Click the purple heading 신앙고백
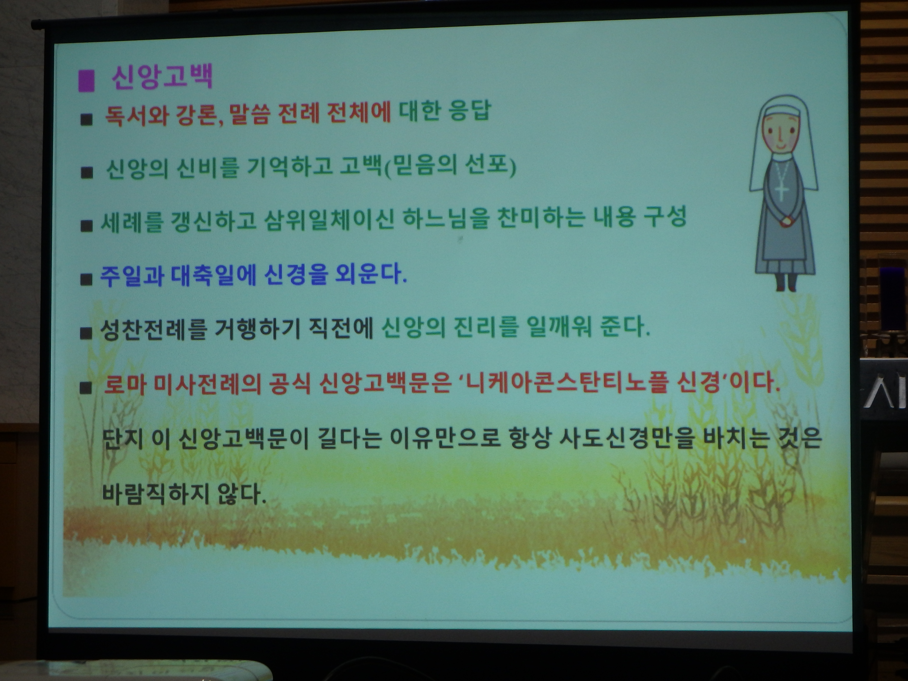pyautogui.click(x=162, y=77)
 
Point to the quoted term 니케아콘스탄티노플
pyautogui.click(x=556, y=384)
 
